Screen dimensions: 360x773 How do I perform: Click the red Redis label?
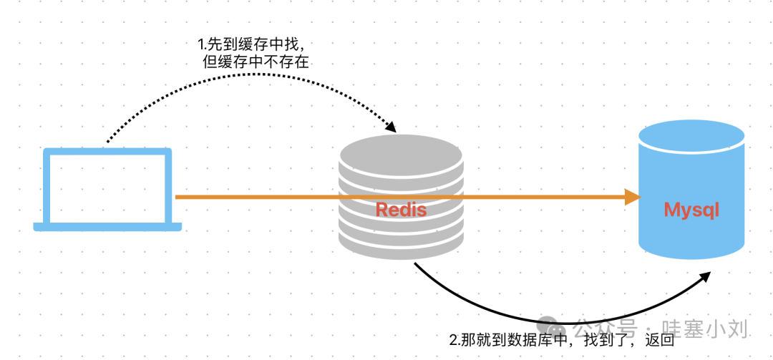[x=401, y=210]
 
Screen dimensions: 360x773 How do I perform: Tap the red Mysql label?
[x=691, y=210]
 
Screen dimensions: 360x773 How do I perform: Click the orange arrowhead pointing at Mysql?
[x=632, y=197]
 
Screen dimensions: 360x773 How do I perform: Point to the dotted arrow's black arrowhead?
[x=391, y=127]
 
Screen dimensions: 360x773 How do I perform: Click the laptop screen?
[x=107, y=186]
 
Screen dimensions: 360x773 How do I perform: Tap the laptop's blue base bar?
[x=107, y=227]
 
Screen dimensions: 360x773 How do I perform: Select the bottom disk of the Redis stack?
[x=401, y=243]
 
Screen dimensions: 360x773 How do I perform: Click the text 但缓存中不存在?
[x=256, y=62]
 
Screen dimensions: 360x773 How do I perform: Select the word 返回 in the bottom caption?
[x=657, y=341]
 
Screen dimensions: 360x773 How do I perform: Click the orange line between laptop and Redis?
[x=258, y=197]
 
